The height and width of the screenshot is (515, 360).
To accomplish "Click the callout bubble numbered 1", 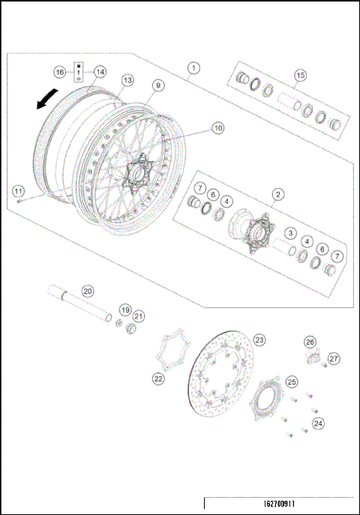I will tap(193, 68).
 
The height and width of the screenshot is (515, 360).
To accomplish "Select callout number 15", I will tap(300, 75).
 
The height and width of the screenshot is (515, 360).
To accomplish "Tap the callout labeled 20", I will tap(88, 291).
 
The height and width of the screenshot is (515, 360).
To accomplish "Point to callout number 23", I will tap(259, 339).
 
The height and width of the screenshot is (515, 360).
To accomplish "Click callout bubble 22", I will tap(158, 379).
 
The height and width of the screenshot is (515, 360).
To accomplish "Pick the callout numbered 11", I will tap(17, 189).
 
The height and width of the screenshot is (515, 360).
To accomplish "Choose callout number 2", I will tap(277, 194).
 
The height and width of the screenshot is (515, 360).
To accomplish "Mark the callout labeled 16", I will tap(59, 72).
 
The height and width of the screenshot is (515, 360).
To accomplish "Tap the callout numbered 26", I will tap(310, 342).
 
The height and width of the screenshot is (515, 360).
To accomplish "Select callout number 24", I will tap(319, 424).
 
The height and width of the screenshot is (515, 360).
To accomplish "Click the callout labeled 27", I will tap(334, 358).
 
